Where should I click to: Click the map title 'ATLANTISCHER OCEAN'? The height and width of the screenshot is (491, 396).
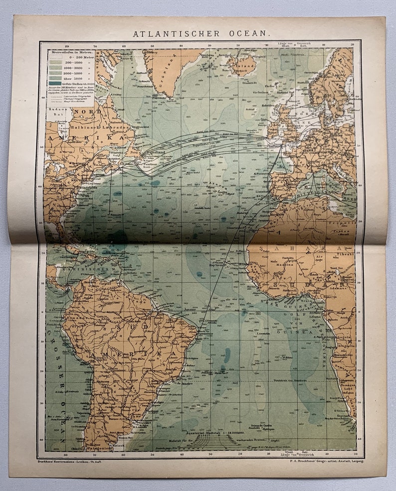coord(201,34)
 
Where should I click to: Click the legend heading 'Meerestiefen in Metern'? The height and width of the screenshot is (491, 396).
coord(71,51)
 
